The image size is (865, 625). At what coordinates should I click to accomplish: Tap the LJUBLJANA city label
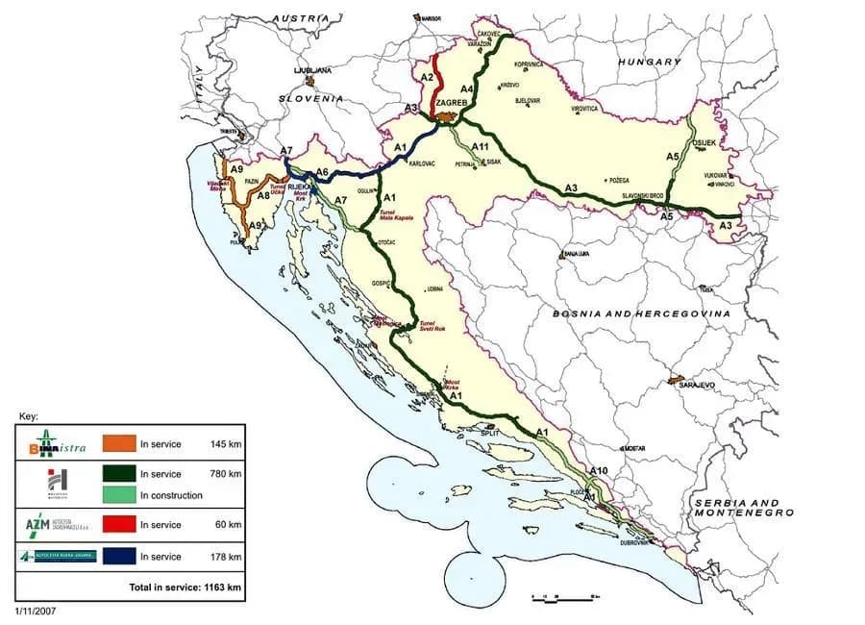(x=313, y=70)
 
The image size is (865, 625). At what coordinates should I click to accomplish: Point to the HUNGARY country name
(x=649, y=61)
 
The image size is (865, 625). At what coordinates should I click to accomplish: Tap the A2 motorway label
(x=429, y=76)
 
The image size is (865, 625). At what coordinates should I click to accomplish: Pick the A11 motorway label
(x=482, y=145)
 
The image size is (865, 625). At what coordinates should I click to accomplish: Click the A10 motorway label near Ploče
(x=599, y=470)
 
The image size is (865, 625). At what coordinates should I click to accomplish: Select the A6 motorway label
(x=323, y=172)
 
